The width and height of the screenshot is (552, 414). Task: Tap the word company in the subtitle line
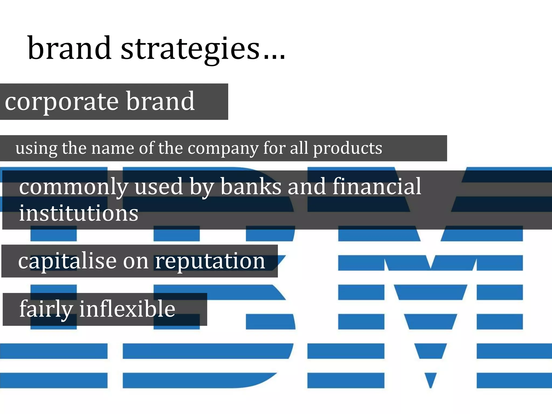[x=223, y=149]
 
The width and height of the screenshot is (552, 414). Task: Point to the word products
[x=347, y=149]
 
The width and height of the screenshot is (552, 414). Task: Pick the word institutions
[x=78, y=213]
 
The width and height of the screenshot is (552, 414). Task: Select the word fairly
[x=46, y=309]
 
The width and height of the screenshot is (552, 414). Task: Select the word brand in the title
[x=69, y=49]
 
